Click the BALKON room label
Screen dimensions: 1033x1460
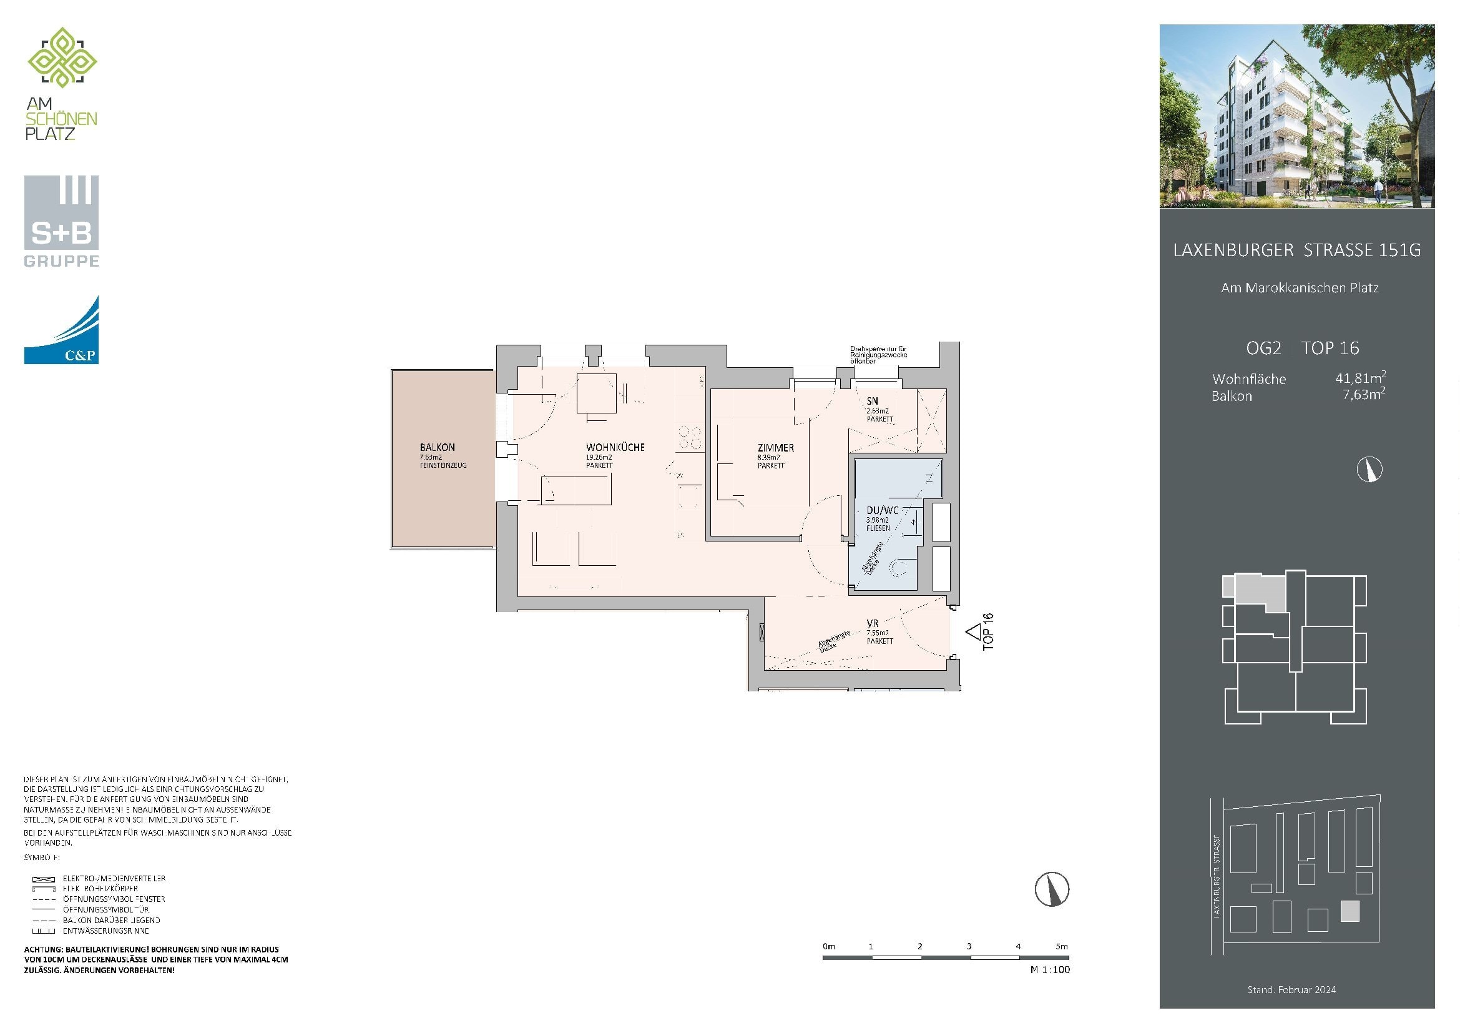click(x=437, y=447)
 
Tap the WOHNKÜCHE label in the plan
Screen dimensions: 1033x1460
click(x=615, y=447)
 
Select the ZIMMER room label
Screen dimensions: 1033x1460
click(x=775, y=448)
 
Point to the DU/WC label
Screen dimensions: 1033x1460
click(x=883, y=510)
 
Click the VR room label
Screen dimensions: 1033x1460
click(x=873, y=623)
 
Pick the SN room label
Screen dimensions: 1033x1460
click(x=873, y=401)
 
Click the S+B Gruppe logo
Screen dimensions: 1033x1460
click(x=61, y=220)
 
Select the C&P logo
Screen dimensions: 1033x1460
click(x=61, y=331)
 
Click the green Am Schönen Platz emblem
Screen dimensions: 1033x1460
click(x=62, y=58)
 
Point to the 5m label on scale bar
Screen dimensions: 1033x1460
click(x=1061, y=946)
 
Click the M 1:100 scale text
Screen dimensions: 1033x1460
click(x=1050, y=969)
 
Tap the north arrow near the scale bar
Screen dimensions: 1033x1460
click(x=1052, y=889)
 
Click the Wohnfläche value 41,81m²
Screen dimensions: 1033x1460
click(x=1360, y=378)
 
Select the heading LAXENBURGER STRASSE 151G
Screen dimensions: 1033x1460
click(x=1296, y=250)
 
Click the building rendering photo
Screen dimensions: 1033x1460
click(x=1296, y=116)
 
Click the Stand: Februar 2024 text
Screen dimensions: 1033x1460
click(x=1291, y=990)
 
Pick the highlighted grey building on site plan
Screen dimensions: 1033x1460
click(x=1350, y=911)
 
